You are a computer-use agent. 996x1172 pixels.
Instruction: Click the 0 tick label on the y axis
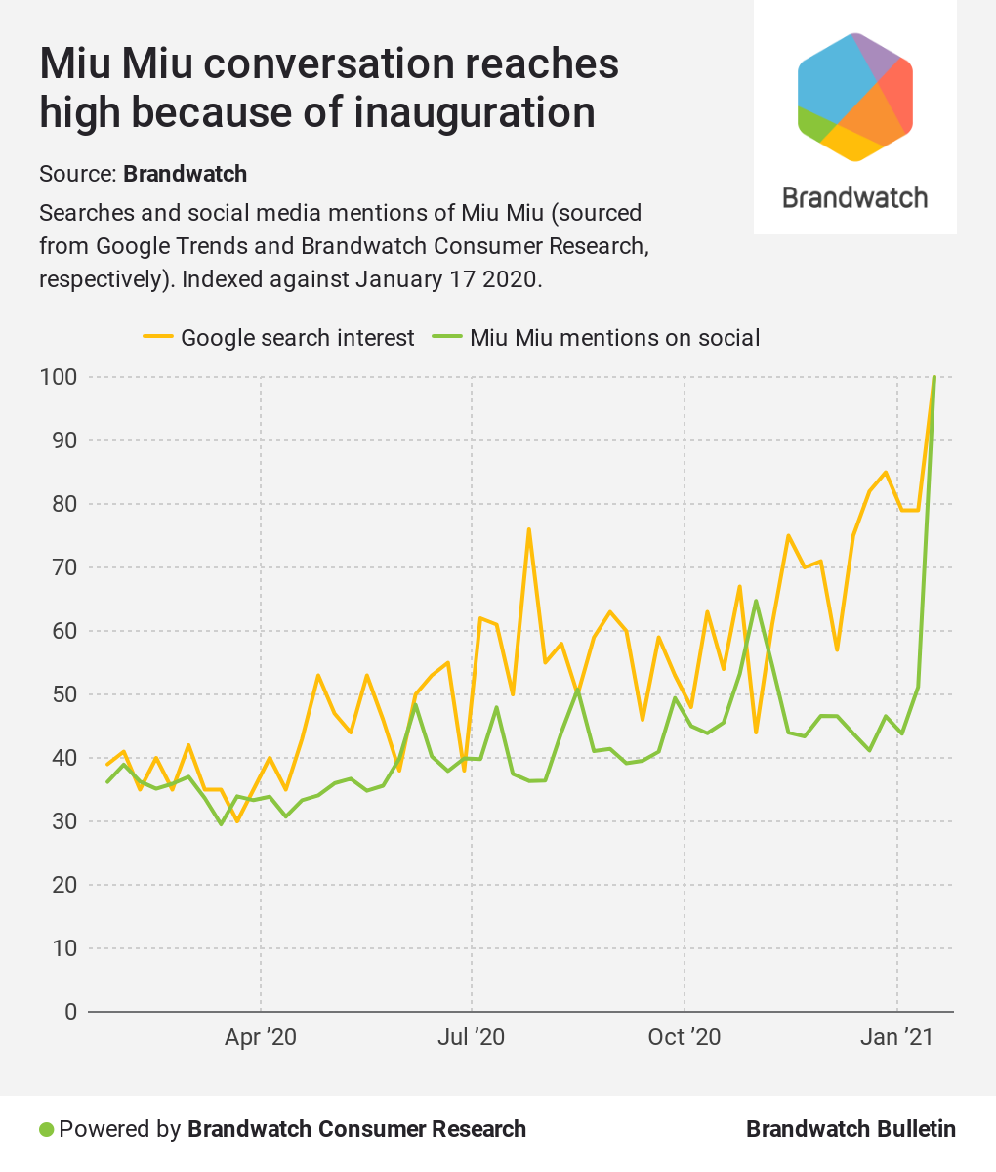pyautogui.click(x=70, y=1012)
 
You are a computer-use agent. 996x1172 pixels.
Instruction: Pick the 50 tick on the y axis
pyautogui.click(x=63, y=694)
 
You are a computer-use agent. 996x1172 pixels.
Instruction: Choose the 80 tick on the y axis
pyautogui.click(x=63, y=504)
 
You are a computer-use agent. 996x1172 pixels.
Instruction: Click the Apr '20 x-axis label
pyautogui.click(x=260, y=1037)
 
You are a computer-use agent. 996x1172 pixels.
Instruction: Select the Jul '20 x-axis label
pyautogui.click(x=472, y=1037)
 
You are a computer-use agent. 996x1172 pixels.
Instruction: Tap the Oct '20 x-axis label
pyautogui.click(x=684, y=1037)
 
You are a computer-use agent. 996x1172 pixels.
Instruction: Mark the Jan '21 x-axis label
pyautogui.click(x=896, y=1037)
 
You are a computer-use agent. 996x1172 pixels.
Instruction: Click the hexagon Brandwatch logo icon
pyautogui.click(x=855, y=97)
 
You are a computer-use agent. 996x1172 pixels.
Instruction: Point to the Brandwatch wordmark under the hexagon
pyautogui.click(x=855, y=197)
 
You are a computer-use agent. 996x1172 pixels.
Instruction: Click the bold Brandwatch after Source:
pyautogui.click(x=186, y=174)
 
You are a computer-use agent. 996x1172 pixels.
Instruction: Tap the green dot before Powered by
pyautogui.click(x=46, y=1130)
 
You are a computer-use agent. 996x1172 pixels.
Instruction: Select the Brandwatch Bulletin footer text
pyautogui.click(x=851, y=1130)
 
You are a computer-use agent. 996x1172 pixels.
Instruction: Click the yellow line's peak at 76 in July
pyautogui.click(x=528, y=529)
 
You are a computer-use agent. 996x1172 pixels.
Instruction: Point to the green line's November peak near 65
pyautogui.click(x=756, y=601)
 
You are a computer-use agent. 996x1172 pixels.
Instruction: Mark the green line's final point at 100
pyautogui.click(x=934, y=377)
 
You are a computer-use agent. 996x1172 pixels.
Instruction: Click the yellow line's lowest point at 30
pyautogui.click(x=236, y=821)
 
